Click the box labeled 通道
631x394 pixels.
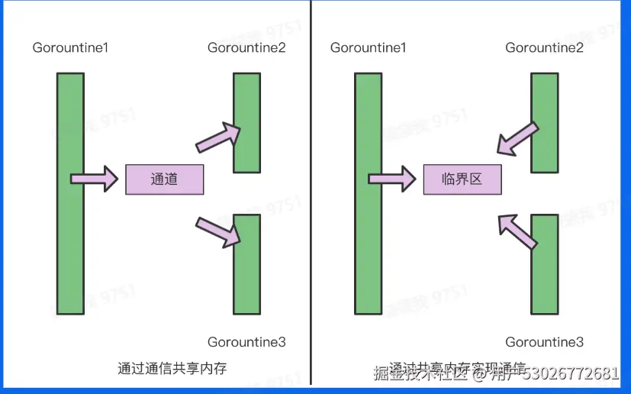pyautogui.click(x=164, y=179)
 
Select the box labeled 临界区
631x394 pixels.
pyautogui.click(x=462, y=179)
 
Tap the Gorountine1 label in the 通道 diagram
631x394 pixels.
pyautogui.click(x=70, y=48)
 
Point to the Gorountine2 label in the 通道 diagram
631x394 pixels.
pyautogui.click(x=246, y=48)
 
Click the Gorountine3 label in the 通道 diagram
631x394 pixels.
pyautogui.click(x=246, y=342)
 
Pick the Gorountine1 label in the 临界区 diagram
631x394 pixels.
pyautogui.click(x=368, y=48)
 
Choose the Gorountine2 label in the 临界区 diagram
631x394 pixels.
pyautogui.click(x=544, y=48)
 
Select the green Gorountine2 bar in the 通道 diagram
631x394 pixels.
pyautogui.click(x=246, y=122)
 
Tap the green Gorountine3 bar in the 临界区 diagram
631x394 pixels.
pyautogui.click(x=544, y=264)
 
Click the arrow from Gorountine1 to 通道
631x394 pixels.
pyautogui.click(x=94, y=179)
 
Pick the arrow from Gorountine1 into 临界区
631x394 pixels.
pyautogui.click(x=391, y=179)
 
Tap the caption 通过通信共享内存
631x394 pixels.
pyautogui.click(x=172, y=368)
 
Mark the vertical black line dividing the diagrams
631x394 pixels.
pyautogui.click(x=311, y=191)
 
